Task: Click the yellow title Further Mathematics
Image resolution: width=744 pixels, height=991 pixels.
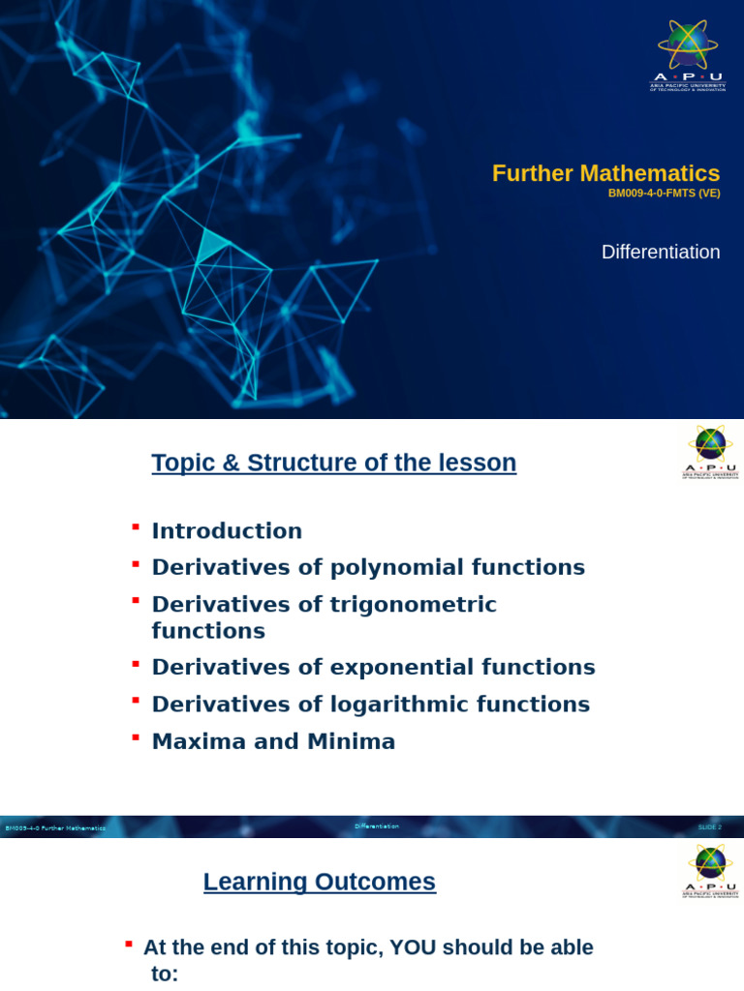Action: point(605,173)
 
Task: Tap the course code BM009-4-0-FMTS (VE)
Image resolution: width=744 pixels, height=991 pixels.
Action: point(664,194)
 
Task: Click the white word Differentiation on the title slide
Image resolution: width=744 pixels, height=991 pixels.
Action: point(660,252)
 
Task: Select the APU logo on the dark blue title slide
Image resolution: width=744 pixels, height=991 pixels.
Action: point(688,55)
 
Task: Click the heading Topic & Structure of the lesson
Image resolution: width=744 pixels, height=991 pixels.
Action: point(333,463)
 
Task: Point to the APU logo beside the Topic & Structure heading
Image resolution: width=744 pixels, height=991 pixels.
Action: point(710,452)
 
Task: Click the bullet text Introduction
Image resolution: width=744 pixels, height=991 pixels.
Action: point(227,531)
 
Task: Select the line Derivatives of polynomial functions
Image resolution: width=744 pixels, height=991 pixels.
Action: point(368,567)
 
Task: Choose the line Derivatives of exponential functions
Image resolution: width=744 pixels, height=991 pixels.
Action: point(373,668)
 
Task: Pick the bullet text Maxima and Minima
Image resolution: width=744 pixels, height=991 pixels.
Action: point(273,742)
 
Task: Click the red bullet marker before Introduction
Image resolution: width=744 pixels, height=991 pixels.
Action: point(136,526)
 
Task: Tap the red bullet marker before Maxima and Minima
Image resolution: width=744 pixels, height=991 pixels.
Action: point(136,737)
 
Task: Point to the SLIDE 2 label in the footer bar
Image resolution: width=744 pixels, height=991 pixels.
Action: point(709,827)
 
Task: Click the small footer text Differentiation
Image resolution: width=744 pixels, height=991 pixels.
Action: point(376,826)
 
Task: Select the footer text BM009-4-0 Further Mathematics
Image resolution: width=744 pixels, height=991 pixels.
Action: point(55,828)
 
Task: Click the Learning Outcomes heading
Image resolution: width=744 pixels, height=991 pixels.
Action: point(319,882)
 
